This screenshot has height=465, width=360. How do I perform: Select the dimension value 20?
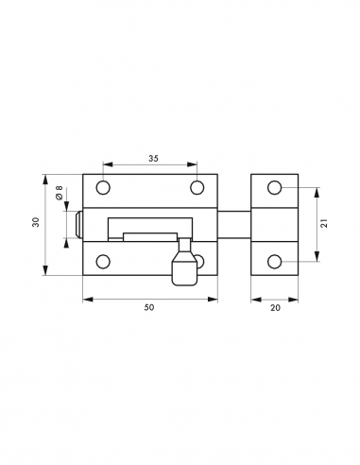[x=275, y=307]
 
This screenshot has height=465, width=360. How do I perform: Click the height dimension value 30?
[x=36, y=223]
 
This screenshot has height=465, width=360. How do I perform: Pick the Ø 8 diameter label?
[x=59, y=194]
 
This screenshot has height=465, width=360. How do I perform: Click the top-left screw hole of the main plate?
[x=105, y=187]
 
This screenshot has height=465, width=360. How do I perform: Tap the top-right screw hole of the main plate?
[x=197, y=187]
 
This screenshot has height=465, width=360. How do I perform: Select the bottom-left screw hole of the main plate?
[x=105, y=260]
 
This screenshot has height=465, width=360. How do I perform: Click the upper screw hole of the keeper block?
[x=275, y=188]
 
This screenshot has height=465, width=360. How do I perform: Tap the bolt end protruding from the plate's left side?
[x=77, y=224]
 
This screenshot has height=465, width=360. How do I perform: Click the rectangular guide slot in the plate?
[x=151, y=226]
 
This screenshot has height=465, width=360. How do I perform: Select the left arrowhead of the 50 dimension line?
[x=86, y=299]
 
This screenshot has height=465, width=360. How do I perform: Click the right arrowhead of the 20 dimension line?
[x=297, y=299]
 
